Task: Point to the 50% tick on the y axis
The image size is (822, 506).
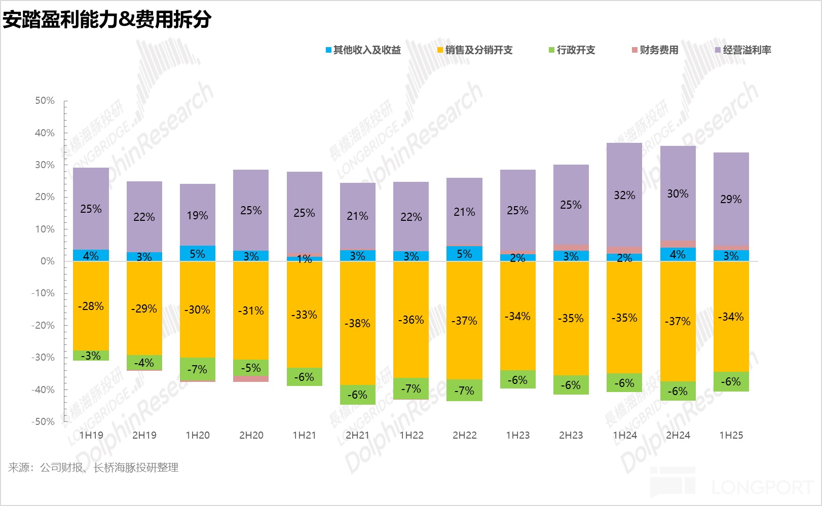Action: point(45,101)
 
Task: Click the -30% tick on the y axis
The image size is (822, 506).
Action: point(43,358)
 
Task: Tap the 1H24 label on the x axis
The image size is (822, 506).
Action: point(624,435)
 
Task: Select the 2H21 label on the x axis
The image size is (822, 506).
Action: point(357,435)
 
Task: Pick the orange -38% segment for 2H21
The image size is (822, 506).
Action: point(357,323)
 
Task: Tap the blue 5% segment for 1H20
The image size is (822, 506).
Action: point(197,253)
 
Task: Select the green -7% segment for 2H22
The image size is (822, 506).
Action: point(464,391)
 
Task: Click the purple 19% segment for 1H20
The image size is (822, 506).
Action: point(197,215)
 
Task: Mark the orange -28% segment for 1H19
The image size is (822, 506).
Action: point(91,306)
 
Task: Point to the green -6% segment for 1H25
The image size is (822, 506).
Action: point(731,381)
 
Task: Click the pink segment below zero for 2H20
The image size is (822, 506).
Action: point(251,379)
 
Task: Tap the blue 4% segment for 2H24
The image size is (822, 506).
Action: point(678,254)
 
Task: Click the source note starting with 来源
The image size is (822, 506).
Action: point(93,468)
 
